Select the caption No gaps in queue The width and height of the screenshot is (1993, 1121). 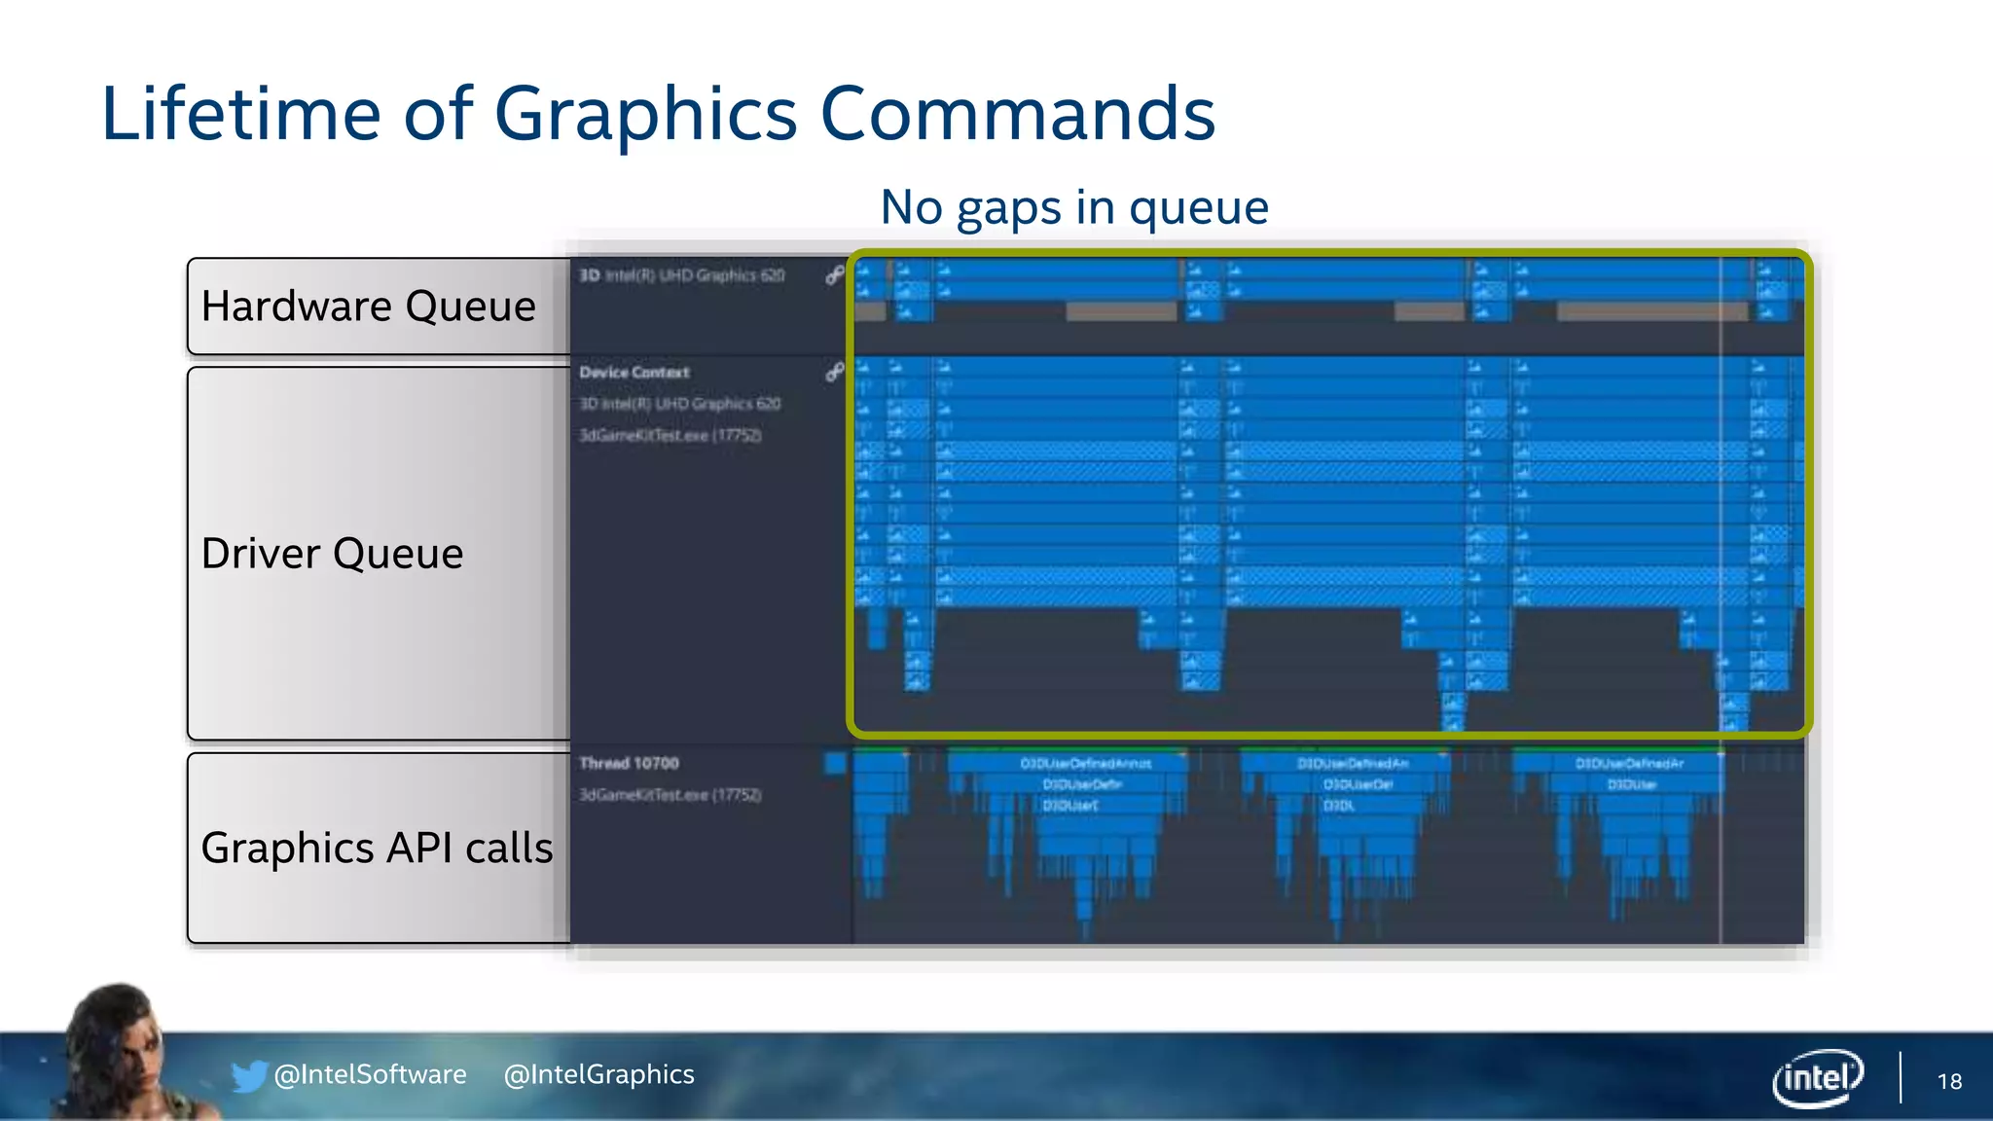1073,207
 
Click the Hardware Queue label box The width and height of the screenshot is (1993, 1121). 370,307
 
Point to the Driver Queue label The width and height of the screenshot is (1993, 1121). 333,554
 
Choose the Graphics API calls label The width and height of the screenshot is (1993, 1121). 378,848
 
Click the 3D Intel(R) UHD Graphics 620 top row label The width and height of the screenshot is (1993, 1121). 682,275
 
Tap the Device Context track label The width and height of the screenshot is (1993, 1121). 634,373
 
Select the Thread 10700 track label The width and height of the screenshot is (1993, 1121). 629,763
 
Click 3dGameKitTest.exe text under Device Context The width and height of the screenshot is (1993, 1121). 670,435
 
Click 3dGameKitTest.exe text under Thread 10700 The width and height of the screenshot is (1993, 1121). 670,795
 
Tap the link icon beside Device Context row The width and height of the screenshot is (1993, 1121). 834,372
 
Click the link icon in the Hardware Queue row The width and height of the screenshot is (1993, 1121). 834,275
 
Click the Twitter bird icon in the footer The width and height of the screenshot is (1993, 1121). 248,1076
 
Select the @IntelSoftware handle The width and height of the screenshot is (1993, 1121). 370,1074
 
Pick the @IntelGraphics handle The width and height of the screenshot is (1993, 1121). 598,1074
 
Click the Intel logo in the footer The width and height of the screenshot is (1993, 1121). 1817,1077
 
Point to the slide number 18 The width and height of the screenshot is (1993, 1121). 1949,1081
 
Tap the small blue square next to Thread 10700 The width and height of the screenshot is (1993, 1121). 835,763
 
